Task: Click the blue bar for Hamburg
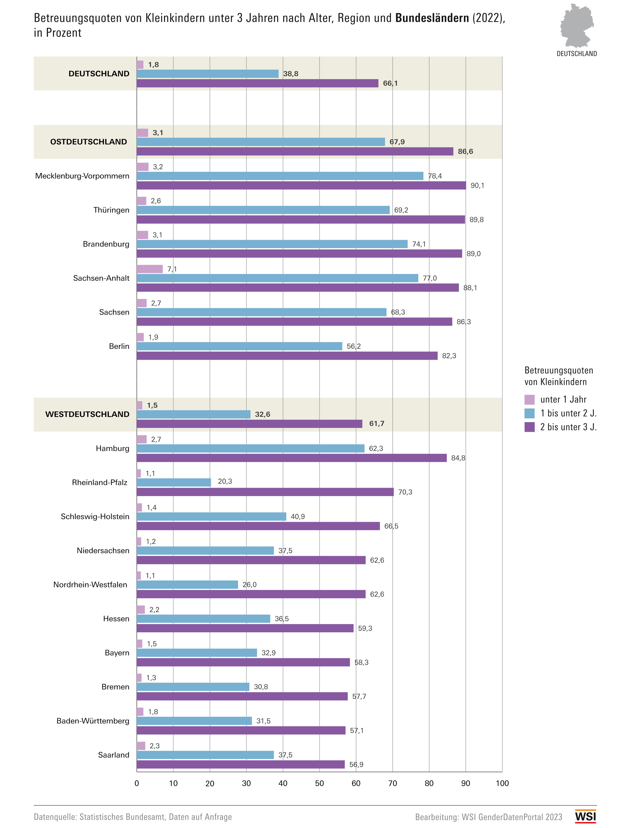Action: click(251, 448)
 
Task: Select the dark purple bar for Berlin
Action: click(287, 356)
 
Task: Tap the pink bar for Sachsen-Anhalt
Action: click(150, 269)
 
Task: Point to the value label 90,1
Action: click(477, 185)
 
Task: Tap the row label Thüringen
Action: click(111, 210)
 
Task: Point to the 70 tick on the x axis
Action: click(392, 783)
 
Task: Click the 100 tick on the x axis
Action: click(502, 783)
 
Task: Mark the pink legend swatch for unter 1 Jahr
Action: click(529, 399)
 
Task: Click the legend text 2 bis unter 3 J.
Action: click(568, 427)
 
